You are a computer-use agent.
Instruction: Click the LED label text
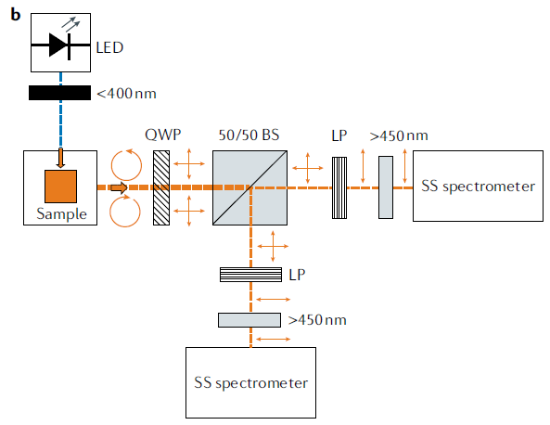pyautogui.click(x=109, y=47)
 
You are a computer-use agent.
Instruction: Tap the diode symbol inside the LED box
pyautogui.click(x=60, y=45)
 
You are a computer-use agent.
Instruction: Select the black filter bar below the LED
pyautogui.click(x=59, y=93)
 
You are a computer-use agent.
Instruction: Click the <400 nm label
pyautogui.click(x=126, y=94)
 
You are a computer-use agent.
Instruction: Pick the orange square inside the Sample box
pyautogui.click(x=60, y=187)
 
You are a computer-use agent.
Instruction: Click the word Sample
pyautogui.click(x=62, y=213)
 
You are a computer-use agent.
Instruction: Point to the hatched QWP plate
pyautogui.click(x=161, y=187)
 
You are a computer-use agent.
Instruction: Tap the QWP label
pyautogui.click(x=162, y=135)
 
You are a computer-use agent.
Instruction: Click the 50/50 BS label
pyautogui.click(x=249, y=135)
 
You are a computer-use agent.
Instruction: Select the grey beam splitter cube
pyautogui.click(x=249, y=187)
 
